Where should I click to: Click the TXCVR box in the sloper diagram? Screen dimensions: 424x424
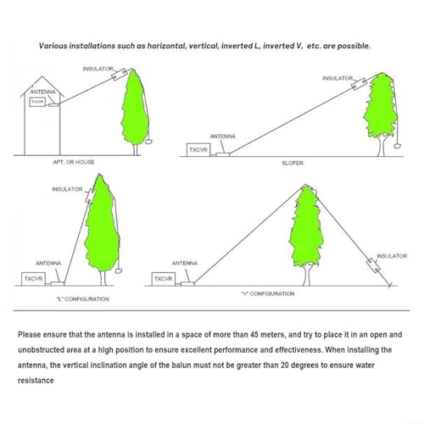(x=198, y=149)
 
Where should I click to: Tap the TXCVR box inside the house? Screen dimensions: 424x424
(x=37, y=102)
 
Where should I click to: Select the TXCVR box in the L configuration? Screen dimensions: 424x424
(x=33, y=279)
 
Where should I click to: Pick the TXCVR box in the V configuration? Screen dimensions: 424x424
(x=164, y=279)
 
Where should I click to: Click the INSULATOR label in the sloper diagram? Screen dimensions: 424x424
(x=338, y=78)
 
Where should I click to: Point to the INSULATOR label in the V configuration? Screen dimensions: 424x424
(x=392, y=256)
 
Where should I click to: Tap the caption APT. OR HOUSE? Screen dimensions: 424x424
(x=74, y=162)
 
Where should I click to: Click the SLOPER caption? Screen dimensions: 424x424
(x=293, y=163)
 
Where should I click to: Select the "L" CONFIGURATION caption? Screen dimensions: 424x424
(x=82, y=299)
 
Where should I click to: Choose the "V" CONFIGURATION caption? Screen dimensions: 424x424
(x=268, y=293)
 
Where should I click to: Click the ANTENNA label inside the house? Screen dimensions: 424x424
(x=43, y=92)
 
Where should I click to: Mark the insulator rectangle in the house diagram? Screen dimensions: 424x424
(x=120, y=75)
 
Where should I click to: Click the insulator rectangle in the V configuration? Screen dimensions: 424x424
(x=373, y=265)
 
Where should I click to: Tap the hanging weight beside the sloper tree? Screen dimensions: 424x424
(x=398, y=146)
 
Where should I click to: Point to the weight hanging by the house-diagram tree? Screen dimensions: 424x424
(x=148, y=141)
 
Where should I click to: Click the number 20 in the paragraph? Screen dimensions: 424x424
(x=285, y=365)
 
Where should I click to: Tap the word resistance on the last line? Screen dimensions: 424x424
(x=36, y=381)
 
